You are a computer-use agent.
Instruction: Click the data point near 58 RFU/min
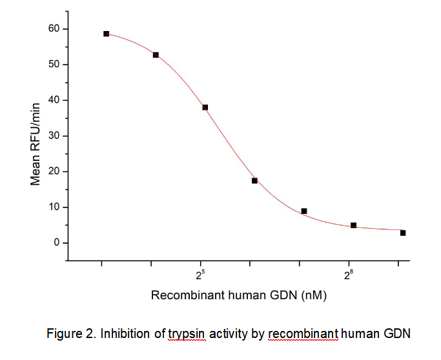[106, 34]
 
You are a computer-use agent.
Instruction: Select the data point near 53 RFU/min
[156, 55]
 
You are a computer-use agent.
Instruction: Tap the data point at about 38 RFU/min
[205, 107]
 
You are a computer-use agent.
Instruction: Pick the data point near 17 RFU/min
[254, 180]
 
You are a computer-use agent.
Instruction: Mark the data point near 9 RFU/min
[304, 211]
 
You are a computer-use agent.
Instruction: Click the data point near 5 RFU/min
[353, 226]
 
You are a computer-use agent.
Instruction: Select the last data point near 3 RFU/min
[403, 233]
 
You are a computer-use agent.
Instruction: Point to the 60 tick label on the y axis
[54, 29]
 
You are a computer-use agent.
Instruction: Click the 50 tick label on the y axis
[54, 65]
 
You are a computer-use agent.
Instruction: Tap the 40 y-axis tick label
[54, 100]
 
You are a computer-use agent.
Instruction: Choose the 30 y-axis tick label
[54, 136]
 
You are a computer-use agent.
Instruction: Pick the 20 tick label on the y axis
[54, 171]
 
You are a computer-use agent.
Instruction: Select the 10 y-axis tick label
[54, 207]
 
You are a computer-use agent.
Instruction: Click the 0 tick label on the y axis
[57, 242]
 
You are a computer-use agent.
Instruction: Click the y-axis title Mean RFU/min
[36, 143]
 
